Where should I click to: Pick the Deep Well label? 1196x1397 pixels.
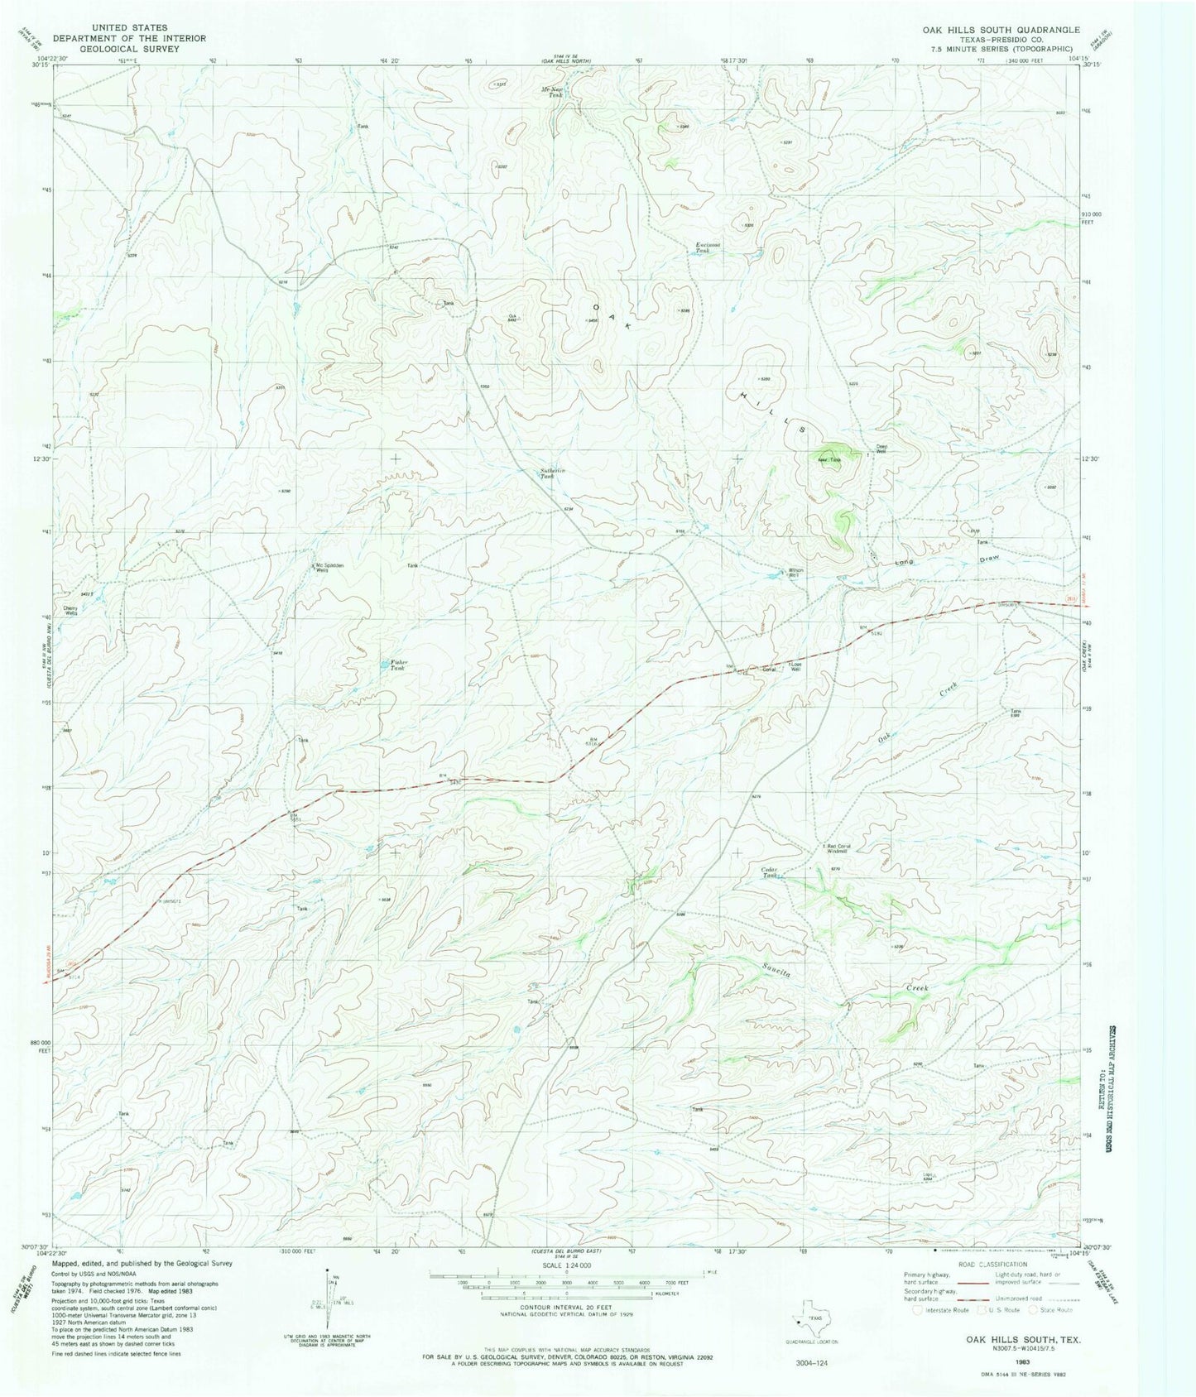point(882,451)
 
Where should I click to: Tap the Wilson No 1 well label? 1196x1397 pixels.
point(795,572)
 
